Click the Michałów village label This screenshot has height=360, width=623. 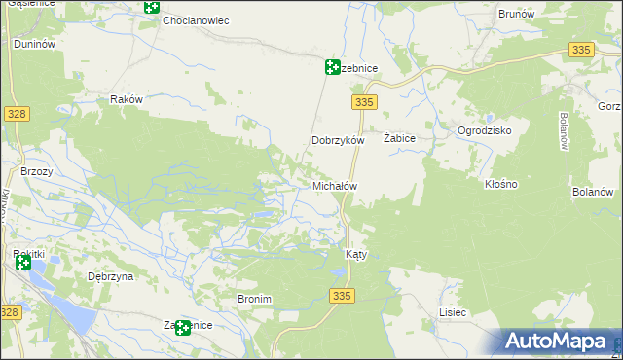point(335,185)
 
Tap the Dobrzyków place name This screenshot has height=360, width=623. point(337,140)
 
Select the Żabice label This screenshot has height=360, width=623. point(399,139)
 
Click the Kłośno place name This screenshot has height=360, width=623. point(500,184)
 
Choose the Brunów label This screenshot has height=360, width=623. point(516,15)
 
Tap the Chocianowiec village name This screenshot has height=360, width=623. point(195,19)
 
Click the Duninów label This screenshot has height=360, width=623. point(33,45)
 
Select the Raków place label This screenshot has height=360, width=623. point(127,99)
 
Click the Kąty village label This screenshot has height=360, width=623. point(356,254)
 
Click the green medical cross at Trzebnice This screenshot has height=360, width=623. point(332,67)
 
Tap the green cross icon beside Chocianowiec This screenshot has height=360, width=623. point(151,8)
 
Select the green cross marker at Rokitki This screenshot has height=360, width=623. point(22,262)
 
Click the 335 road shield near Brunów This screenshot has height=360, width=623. point(581,50)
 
